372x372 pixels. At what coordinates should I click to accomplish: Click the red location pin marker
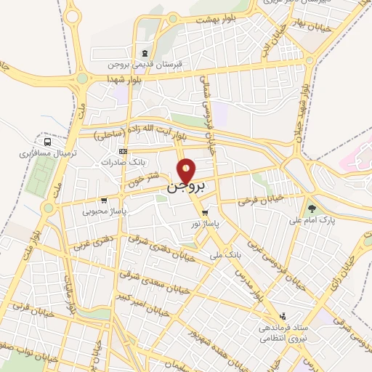(x=187, y=170)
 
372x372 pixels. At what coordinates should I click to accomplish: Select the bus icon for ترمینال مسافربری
(x=47, y=142)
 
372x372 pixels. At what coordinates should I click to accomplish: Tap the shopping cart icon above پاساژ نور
(x=206, y=212)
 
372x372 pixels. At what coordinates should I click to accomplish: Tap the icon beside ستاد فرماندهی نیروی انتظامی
(x=283, y=317)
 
